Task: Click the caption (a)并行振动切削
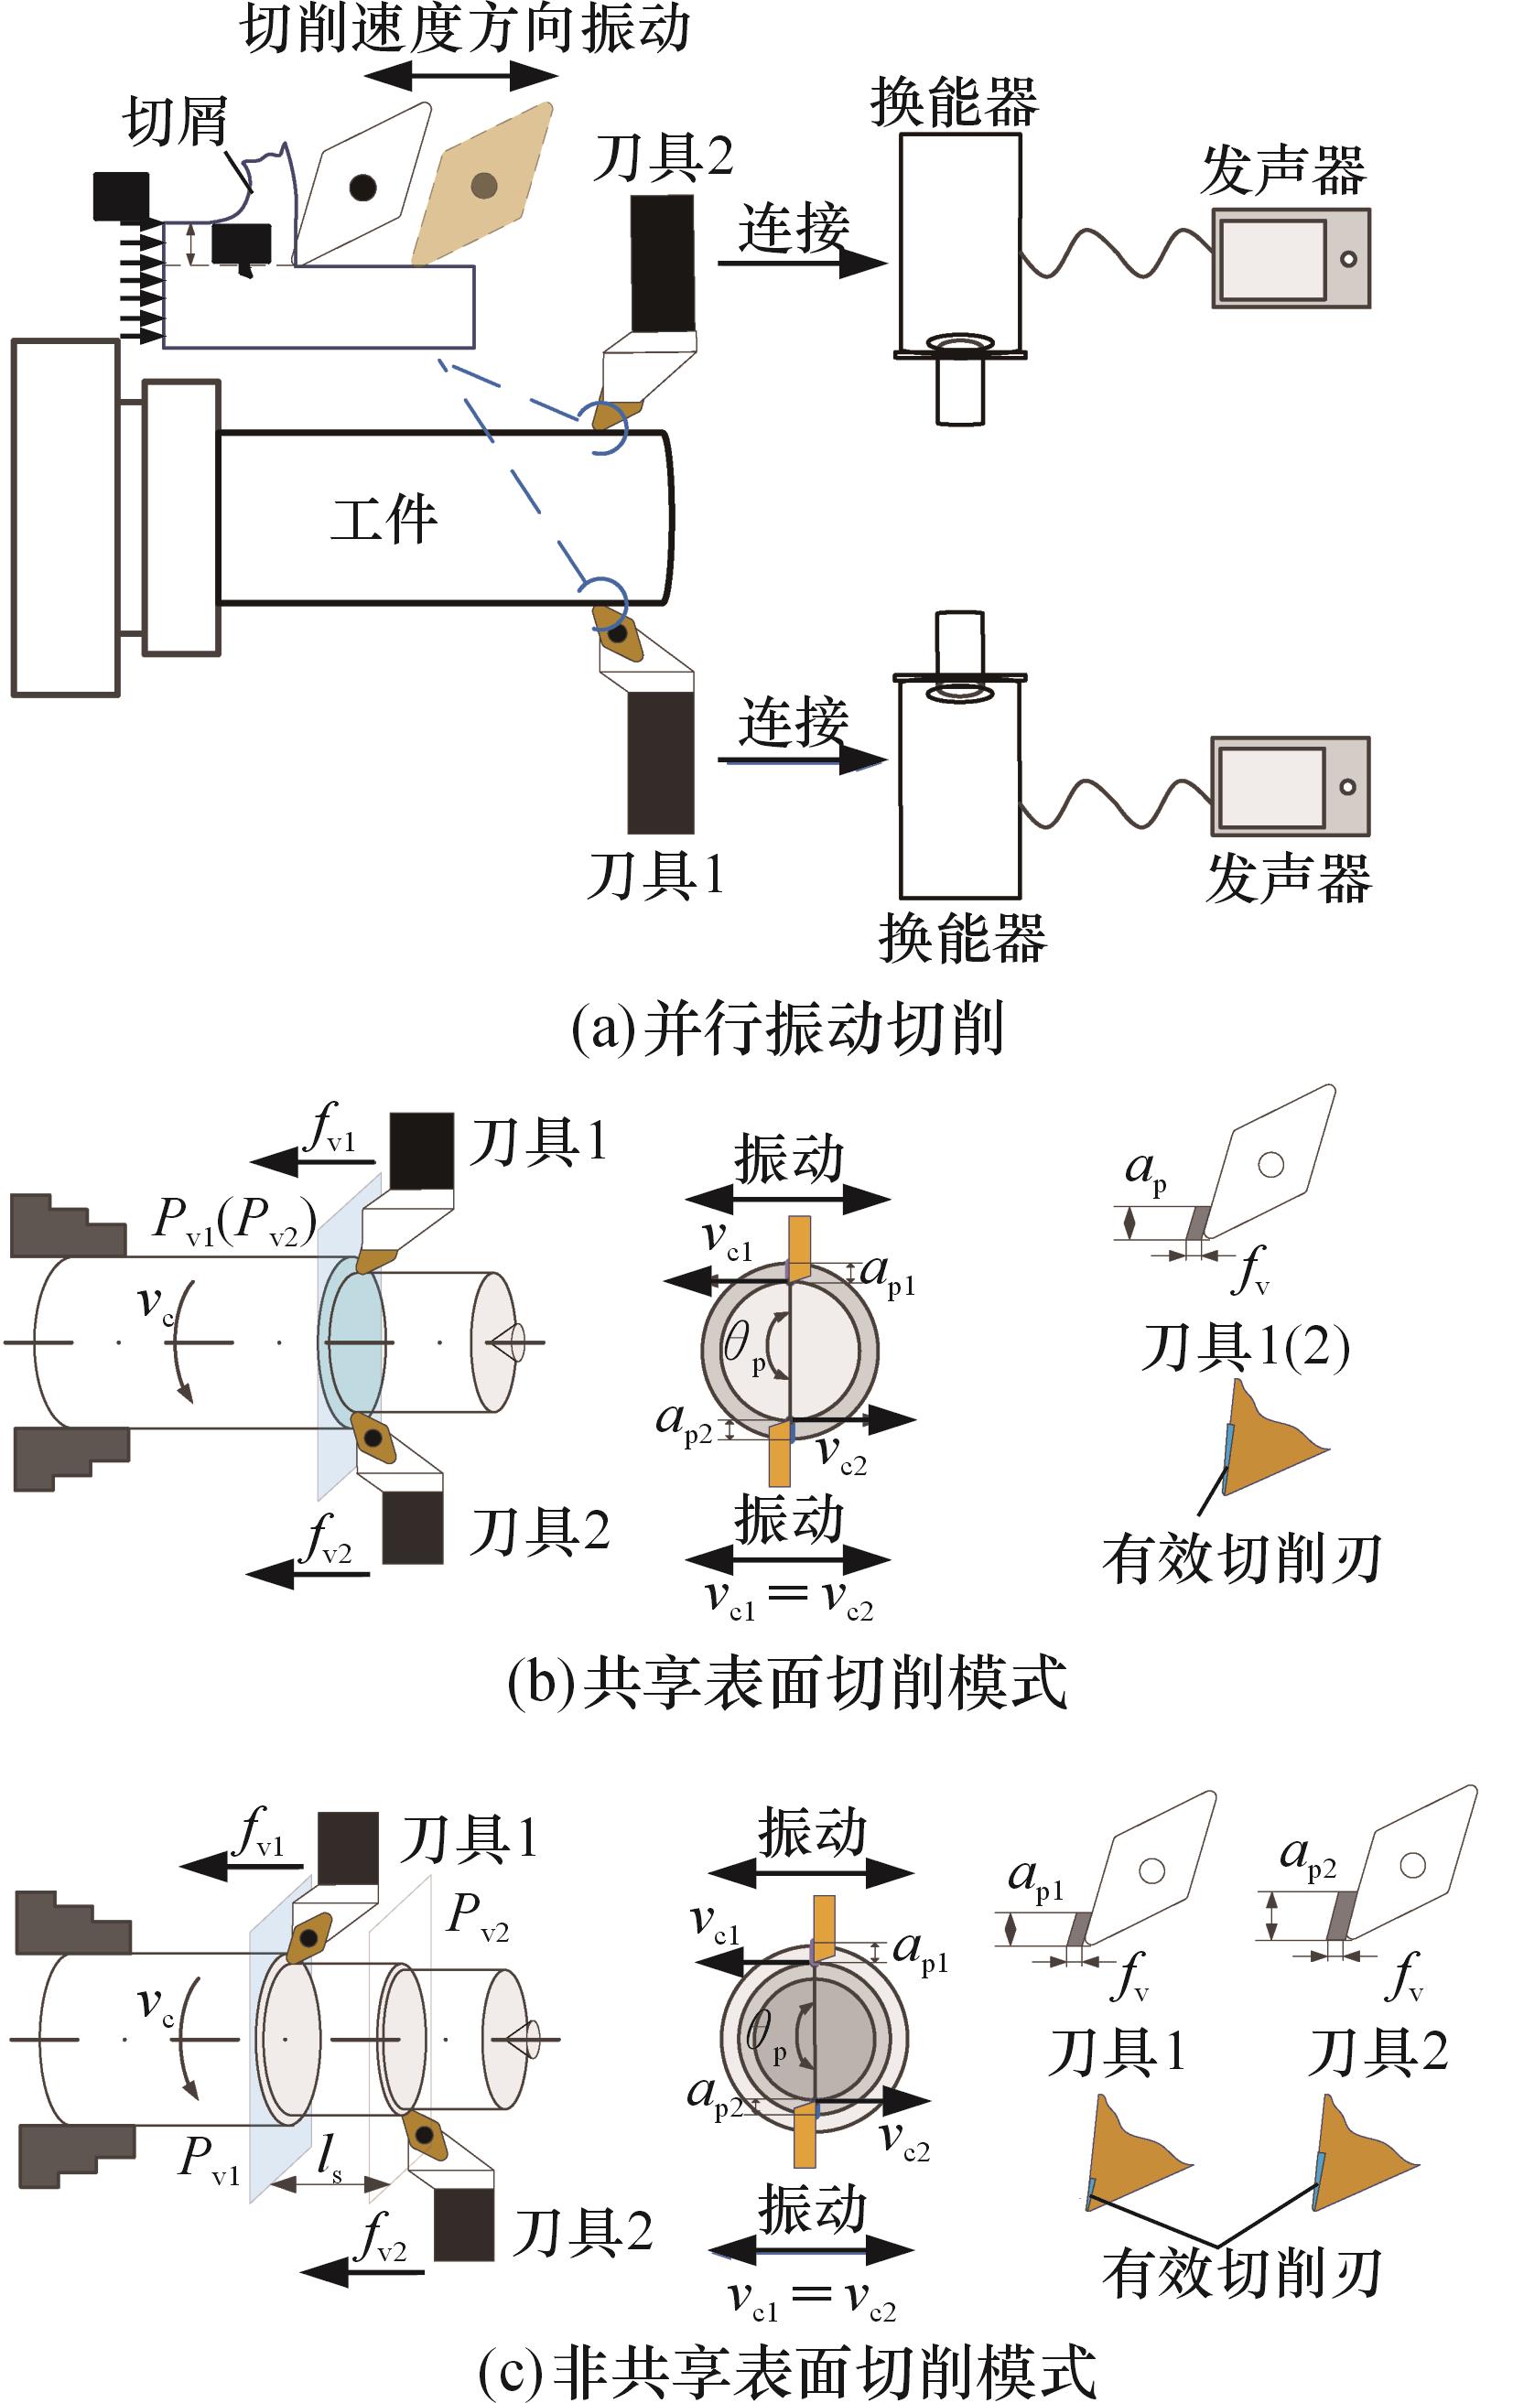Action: tap(786, 1029)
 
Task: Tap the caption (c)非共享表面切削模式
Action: tap(786, 2372)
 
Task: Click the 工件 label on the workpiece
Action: tap(384, 519)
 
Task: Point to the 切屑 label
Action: tap(176, 122)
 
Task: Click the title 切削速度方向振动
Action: tap(465, 28)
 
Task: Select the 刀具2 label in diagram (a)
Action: tap(664, 156)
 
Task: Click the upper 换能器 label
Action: tap(954, 102)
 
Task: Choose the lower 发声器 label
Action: tap(1289, 878)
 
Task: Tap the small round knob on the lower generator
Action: tap(1347, 786)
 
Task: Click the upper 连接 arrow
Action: tap(802, 264)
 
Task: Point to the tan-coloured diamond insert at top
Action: tap(484, 186)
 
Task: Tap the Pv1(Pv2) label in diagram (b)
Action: tap(235, 1220)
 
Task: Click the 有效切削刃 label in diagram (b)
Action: tap(1240, 1558)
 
